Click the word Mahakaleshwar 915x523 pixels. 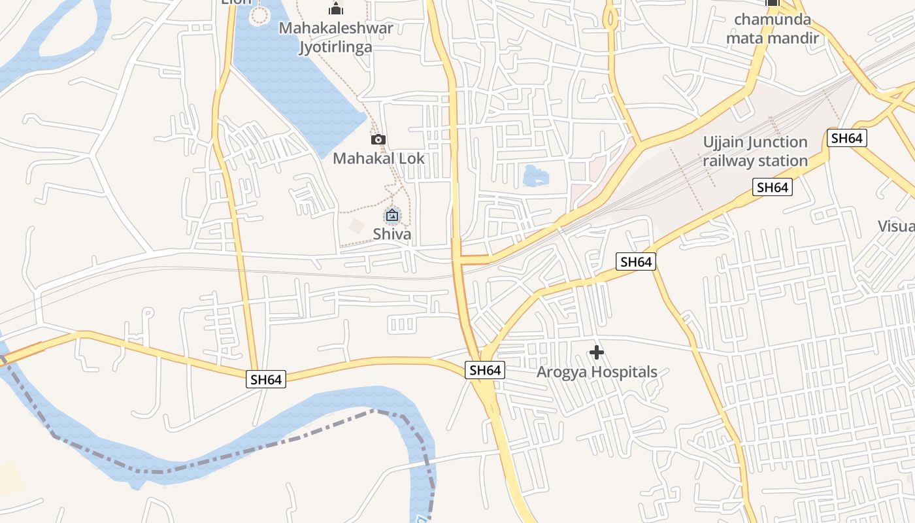tap(336, 28)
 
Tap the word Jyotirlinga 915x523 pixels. tap(335, 47)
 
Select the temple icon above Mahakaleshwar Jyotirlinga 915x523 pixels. tap(336, 8)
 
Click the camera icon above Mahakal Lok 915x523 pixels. tap(378, 139)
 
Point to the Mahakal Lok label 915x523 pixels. tap(378, 158)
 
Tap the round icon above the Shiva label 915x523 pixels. tap(392, 214)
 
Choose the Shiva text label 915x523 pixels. tap(392, 234)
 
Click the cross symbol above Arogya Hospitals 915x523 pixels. tap(596, 353)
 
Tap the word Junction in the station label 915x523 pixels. tap(776, 143)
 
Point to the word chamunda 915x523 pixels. tap(773, 19)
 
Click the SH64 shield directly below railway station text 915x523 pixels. tap(773, 188)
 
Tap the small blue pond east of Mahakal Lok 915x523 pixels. tap(535, 175)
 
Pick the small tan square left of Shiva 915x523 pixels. tap(356, 227)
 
